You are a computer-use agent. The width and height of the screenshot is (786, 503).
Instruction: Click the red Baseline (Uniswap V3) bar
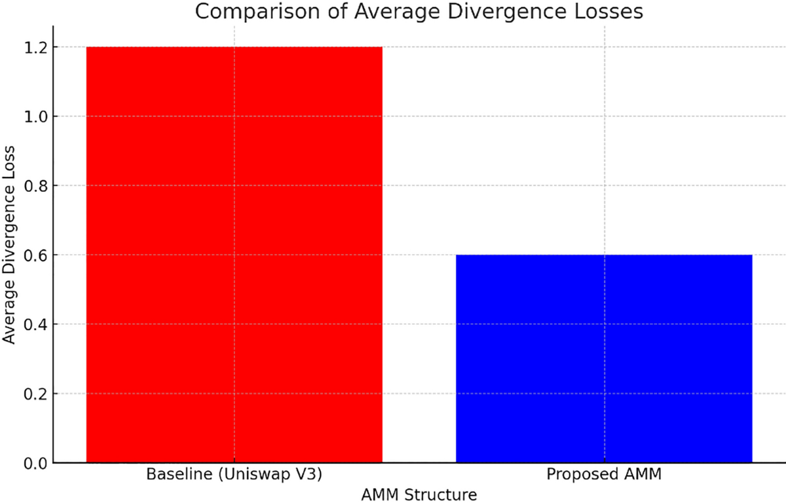tap(234, 255)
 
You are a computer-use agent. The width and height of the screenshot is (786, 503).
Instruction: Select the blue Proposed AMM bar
tap(604, 359)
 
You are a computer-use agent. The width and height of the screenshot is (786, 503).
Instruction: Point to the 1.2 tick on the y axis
tap(33, 48)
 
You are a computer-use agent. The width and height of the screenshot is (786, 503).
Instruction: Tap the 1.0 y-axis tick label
tap(33, 117)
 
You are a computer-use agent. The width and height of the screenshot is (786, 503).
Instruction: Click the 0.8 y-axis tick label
tap(33, 186)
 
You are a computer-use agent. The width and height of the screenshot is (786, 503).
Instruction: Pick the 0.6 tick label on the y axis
tap(33, 255)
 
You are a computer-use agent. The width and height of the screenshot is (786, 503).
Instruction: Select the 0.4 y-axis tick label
tap(33, 325)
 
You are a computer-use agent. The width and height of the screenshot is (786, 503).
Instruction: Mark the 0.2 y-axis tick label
tap(33, 394)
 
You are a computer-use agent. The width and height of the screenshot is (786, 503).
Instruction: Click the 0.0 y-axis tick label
tap(33, 463)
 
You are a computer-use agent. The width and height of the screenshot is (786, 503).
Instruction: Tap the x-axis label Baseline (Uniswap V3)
tap(234, 475)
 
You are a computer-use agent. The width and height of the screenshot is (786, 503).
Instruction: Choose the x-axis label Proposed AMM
tap(604, 475)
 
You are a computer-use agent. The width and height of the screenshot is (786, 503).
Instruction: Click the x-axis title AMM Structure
tap(419, 494)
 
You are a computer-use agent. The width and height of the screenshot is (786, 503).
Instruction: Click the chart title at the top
tap(419, 11)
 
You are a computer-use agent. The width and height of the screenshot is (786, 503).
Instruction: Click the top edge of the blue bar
tap(604, 255)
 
